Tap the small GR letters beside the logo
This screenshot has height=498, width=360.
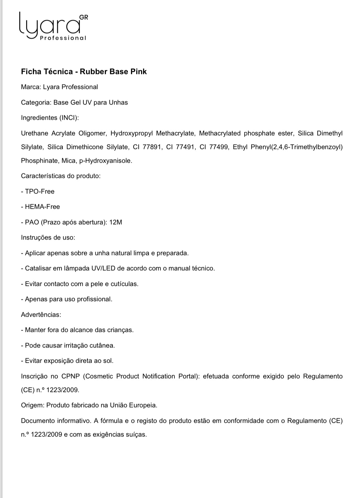84,17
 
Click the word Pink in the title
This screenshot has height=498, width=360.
138,72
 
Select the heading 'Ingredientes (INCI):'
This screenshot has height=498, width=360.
50,118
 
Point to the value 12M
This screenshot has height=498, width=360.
116,222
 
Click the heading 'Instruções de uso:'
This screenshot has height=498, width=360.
48,238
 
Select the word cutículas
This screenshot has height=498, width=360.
124,284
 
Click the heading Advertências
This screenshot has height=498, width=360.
41,315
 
